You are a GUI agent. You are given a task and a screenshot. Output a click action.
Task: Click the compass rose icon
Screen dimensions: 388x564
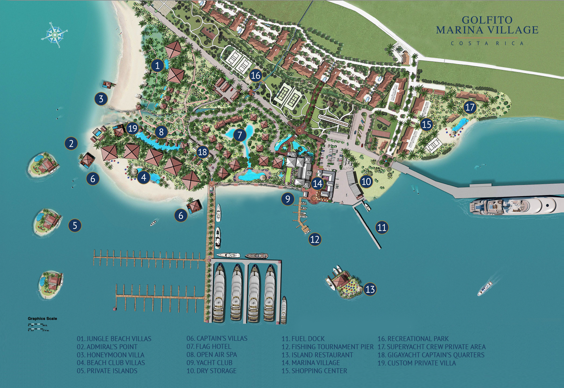pos(54,35)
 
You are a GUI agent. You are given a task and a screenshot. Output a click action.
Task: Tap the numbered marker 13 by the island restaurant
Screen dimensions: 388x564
pos(370,289)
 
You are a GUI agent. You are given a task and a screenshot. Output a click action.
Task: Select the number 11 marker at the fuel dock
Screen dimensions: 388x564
pos(382,227)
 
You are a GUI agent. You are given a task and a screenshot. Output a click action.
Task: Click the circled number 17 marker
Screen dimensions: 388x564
pos(470,107)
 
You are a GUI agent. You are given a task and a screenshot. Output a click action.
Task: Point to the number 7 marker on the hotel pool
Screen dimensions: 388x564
pos(240,135)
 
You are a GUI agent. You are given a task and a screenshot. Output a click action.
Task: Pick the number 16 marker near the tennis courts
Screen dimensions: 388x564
pos(256,75)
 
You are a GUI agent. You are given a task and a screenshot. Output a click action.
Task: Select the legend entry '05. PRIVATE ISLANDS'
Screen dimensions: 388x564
pos(107,371)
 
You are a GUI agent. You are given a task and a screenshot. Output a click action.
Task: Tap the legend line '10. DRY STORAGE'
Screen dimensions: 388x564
pos(211,371)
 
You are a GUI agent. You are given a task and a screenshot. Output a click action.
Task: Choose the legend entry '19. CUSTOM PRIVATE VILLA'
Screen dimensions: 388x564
pos(417,363)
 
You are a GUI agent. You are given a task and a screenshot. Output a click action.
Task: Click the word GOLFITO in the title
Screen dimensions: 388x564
pos(487,20)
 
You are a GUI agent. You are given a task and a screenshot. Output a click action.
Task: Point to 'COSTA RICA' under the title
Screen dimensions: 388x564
pos(487,43)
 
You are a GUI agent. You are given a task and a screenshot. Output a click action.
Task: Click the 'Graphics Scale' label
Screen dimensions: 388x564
pos(42,319)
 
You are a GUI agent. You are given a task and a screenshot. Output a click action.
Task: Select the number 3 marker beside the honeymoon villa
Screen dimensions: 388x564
pos(101,99)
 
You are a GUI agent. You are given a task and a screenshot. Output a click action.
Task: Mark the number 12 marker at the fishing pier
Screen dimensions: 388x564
pos(314,240)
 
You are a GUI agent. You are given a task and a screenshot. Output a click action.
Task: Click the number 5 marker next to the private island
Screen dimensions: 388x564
pos(75,225)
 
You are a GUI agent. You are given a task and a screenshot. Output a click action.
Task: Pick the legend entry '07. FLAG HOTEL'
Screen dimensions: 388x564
pos(209,347)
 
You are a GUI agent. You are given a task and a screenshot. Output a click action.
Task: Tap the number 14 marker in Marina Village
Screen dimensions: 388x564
pos(317,183)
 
